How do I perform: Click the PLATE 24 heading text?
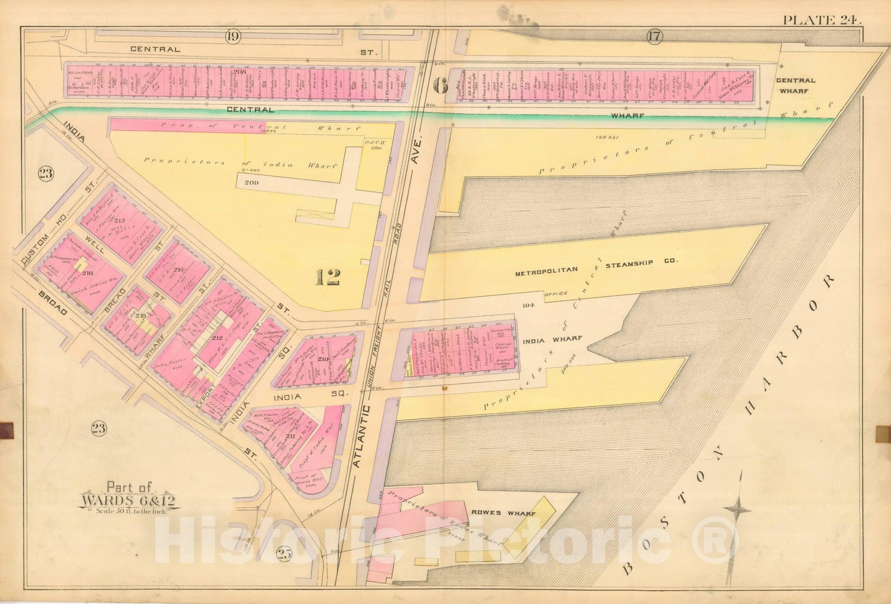[822, 20]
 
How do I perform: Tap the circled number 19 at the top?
[233, 38]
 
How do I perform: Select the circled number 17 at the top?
[654, 38]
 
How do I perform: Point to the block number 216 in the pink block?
[87, 274]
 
